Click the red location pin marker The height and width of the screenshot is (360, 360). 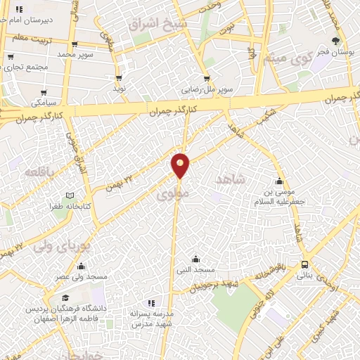click(x=181, y=165)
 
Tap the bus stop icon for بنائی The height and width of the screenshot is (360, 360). click(x=304, y=264)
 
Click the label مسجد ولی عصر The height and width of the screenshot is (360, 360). click(x=83, y=277)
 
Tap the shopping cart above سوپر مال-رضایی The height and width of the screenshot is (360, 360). click(x=207, y=79)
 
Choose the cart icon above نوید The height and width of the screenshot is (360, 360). click(x=118, y=78)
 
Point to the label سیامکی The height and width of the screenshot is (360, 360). click(x=44, y=103)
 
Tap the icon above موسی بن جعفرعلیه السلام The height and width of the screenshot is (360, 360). click(x=280, y=180)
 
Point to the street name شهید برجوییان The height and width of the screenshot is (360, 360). click(x=219, y=282)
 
